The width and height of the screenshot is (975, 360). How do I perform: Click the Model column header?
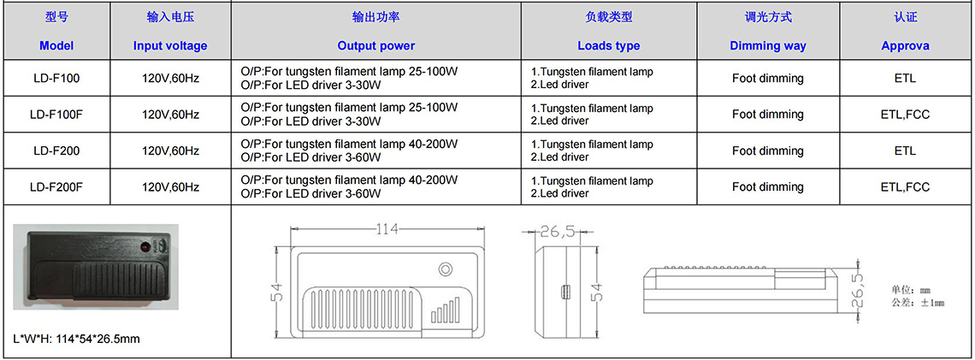(56, 45)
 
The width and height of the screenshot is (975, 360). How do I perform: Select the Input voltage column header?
(169, 45)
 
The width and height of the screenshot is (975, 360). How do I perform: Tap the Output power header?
(375, 45)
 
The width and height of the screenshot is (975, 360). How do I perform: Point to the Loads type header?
(608, 45)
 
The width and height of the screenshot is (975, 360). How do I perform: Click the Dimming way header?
(767, 45)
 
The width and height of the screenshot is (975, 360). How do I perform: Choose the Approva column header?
(906, 45)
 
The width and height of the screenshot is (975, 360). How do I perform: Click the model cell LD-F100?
(56, 79)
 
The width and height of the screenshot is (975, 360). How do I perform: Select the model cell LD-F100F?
(56, 115)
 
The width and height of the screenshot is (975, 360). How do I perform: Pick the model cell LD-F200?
(56, 150)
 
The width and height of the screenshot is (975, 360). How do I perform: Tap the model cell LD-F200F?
(56, 186)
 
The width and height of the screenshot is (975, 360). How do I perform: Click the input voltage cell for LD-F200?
(170, 150)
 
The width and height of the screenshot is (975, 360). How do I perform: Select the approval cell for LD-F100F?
(906, 115)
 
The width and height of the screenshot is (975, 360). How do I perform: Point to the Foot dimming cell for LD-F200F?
(767, 186)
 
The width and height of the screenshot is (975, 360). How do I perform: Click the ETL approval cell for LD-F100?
(906, 79)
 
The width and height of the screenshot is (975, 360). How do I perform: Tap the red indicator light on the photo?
(144, 247)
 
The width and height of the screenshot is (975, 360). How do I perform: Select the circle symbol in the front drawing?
(445, 270)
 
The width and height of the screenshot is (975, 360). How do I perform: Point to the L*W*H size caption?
(77, 339)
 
